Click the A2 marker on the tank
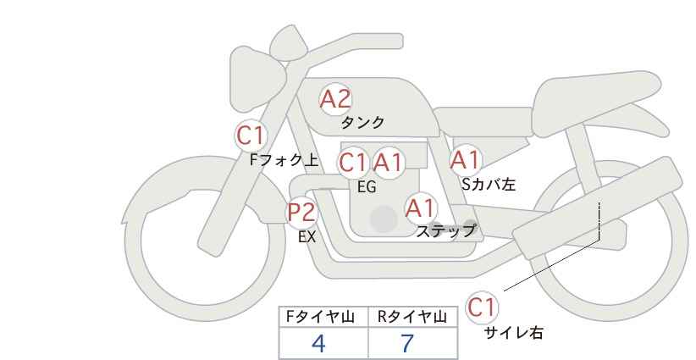coord(335,99)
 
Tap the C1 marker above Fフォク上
coord(251,135)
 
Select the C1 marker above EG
coord(353,162)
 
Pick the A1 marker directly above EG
coord(389,162)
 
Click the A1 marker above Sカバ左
coord(465,159)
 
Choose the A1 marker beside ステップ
coord(420,207)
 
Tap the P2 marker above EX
coord(301,212)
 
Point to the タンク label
coord(362,122)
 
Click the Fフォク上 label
coord(284,158)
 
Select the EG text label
coord(367,187)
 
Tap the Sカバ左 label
coord(488,182)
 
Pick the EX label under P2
coord(307,237)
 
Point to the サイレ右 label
coord(514,333)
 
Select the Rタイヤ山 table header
coord(412,317)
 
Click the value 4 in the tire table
coord(318,344)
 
